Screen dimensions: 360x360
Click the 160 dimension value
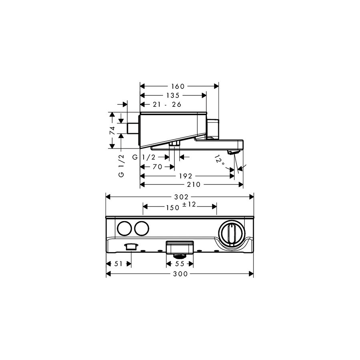click(178, 86)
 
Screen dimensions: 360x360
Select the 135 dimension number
click(173, 95)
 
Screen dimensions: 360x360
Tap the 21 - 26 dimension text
click(167, 104)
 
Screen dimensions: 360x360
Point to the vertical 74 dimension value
click(112, 130)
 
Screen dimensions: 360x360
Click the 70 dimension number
click(157, 167)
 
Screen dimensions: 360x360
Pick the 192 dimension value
click(186, 176)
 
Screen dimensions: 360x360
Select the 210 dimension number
click(194, 184)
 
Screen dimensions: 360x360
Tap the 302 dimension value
click(181, 197)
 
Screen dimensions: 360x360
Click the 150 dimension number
click(172, 208)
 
